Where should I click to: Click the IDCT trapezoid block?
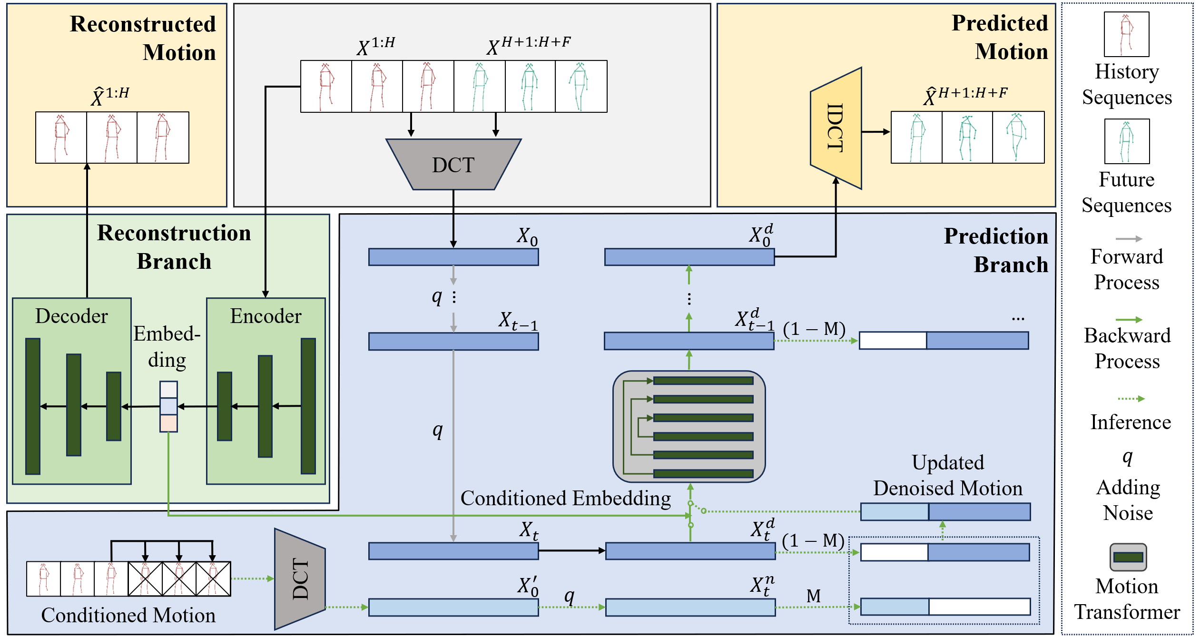click(836, 128)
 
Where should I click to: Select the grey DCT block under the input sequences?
click(453, 165)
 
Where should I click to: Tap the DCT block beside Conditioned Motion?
click(300, 579)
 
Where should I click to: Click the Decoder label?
click(72, 316)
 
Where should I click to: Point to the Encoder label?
click(266, 316)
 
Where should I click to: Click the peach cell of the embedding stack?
click(168, 423)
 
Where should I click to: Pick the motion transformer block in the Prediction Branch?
click(689, 426)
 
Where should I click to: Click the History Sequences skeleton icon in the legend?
click(1126, 34)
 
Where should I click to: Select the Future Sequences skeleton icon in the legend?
click(1126, 141)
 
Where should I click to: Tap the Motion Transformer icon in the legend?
click(1128, 557)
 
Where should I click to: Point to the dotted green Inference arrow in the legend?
click(1131, 399)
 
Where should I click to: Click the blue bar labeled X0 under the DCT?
click(453, 257)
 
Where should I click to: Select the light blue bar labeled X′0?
click(453, 607)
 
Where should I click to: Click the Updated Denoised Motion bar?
click(945, 511)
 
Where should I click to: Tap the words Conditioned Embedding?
click(565, 498)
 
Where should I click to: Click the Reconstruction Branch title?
click(174, 247)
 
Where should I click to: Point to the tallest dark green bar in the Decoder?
click(32, 406)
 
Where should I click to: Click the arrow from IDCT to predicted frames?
click(875, 132)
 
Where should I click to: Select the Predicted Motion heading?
click(999, 37)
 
